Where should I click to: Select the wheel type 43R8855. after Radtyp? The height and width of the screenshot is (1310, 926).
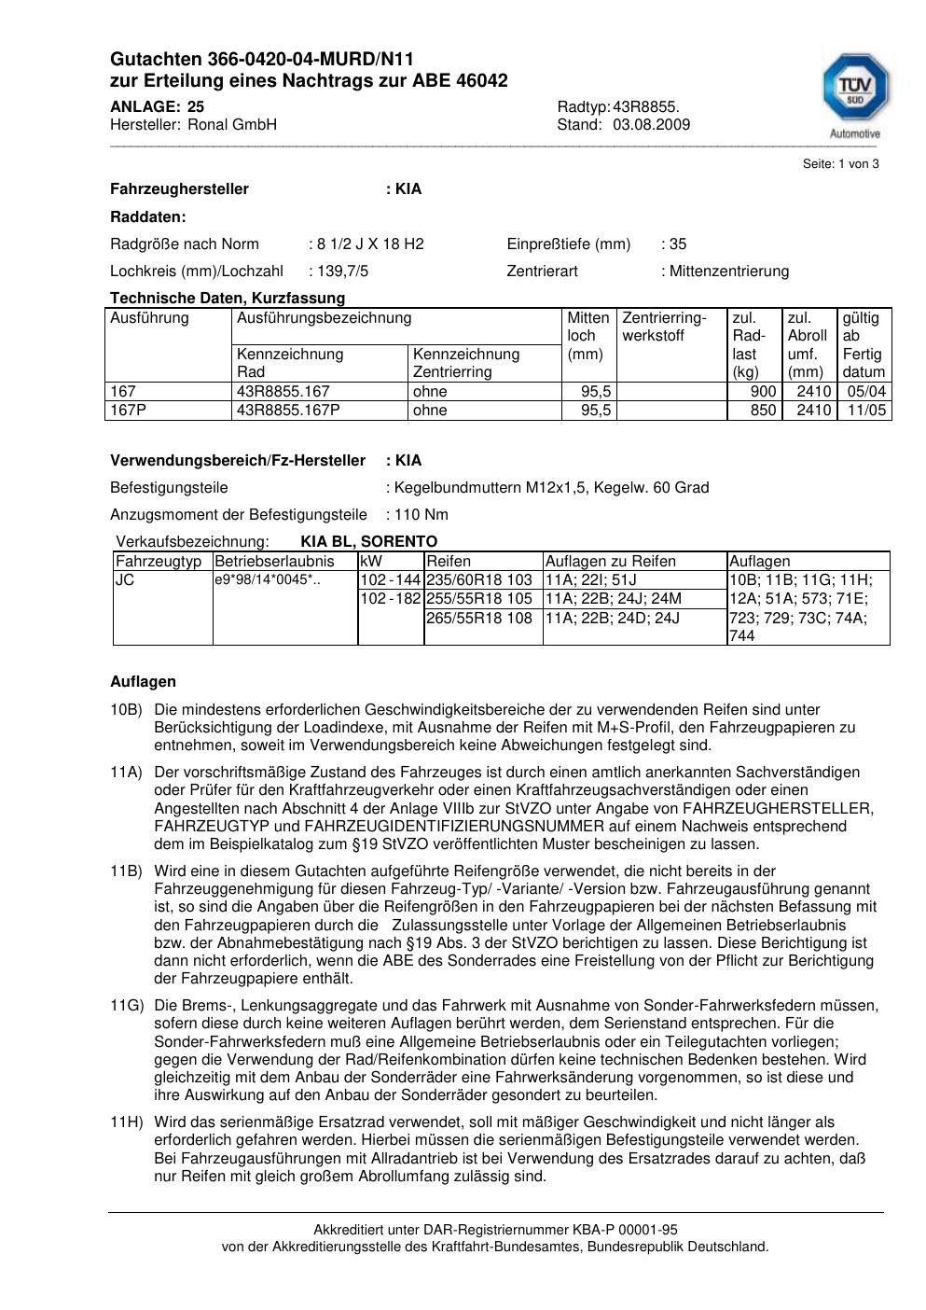point(646,106)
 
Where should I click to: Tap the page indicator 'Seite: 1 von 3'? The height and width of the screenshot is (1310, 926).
point(840,164)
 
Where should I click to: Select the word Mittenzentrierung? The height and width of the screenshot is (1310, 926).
point(728,272)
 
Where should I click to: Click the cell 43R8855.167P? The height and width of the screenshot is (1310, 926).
point(289,411)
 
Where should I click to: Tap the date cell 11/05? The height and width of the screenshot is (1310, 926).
point(864,411)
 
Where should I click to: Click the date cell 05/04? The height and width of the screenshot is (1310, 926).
point(864,392)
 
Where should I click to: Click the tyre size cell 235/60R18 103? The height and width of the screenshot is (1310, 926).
point(478,580)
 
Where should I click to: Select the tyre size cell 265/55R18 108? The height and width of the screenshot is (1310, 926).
point(478,618)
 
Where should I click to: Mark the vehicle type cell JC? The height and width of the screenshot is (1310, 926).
point(125,580)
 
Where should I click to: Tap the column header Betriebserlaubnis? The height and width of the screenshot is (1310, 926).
point(274,562)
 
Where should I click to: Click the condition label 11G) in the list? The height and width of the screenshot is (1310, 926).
point(127,1006)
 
